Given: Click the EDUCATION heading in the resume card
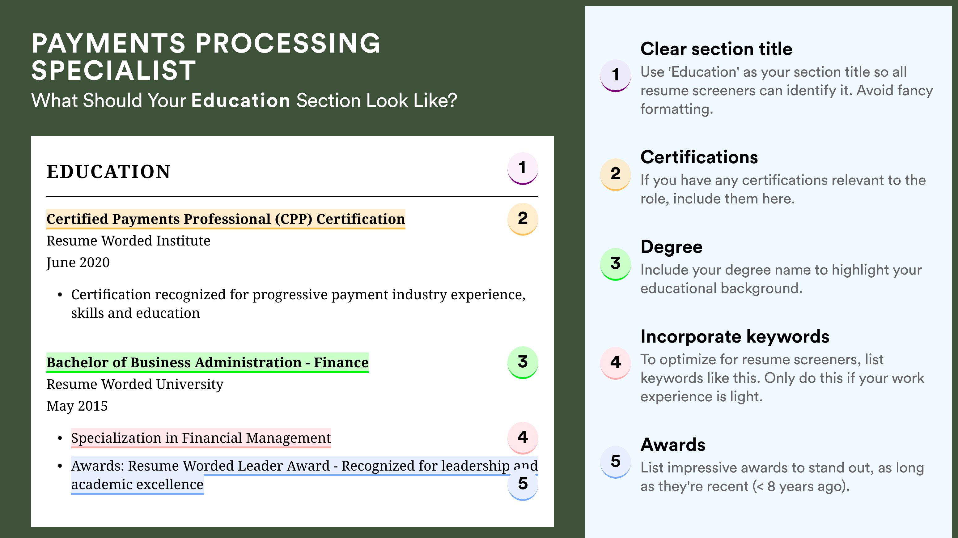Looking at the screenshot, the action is point(108,172).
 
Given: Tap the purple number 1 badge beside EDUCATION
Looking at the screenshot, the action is point(523,168).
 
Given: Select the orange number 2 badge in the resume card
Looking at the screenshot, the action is point(523,219).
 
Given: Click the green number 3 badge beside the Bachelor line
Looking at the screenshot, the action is point(523,362).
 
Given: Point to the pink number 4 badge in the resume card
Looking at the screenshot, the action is point(523,438).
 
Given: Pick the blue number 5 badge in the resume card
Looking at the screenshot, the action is point(523,484).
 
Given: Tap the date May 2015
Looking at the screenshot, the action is point(77,406).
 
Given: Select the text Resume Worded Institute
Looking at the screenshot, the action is point(128,241).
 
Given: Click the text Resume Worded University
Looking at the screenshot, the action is point(135,384).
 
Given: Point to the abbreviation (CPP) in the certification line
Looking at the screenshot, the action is point(293,219).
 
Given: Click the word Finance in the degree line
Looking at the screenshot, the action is point(341,362).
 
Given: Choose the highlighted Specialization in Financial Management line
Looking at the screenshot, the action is point(201,438).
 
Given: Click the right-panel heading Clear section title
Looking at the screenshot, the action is point(716,49).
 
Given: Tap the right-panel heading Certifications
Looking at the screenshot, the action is point(699,157).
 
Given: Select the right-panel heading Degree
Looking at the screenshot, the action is point(671,247).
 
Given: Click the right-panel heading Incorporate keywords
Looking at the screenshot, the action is point(735,337).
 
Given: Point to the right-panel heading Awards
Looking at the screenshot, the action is point(673,445).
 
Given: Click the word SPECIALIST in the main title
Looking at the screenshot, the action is point(114,70).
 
